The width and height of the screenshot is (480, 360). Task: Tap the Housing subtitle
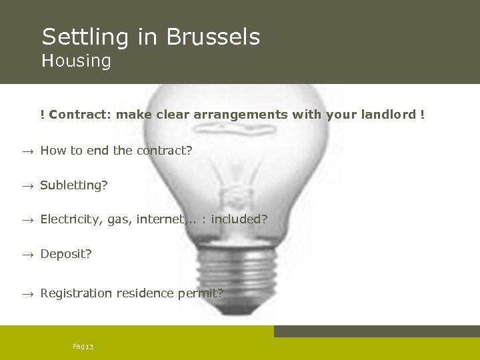[76, 61]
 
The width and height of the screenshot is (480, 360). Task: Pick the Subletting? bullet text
[73, 185]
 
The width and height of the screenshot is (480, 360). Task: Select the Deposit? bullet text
[66, 255]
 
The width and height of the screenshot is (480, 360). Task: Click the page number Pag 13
[83, 347]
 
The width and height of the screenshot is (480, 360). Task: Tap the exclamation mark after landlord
[422, 115]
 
